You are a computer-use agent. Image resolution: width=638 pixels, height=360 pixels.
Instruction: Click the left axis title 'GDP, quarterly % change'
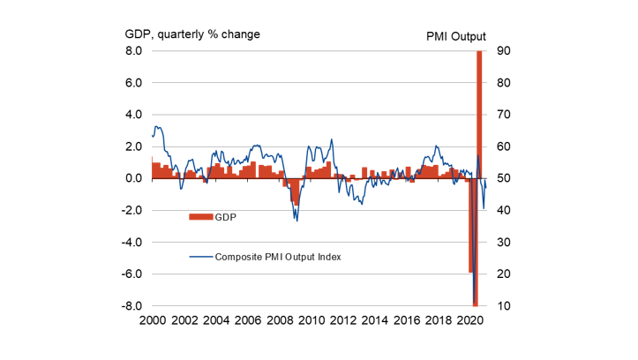(192, 34)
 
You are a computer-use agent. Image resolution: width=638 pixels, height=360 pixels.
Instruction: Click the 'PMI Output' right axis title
(457, 34)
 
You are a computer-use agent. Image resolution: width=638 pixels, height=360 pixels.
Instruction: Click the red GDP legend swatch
(201, 215)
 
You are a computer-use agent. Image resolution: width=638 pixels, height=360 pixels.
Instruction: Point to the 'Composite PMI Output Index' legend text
(278, 257)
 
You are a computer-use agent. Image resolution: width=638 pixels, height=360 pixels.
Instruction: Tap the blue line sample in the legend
(201, 257)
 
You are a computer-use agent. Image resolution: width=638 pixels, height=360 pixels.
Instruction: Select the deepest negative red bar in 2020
(475, 256)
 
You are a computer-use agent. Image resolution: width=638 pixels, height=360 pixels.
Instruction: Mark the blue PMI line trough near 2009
(296, 221)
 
